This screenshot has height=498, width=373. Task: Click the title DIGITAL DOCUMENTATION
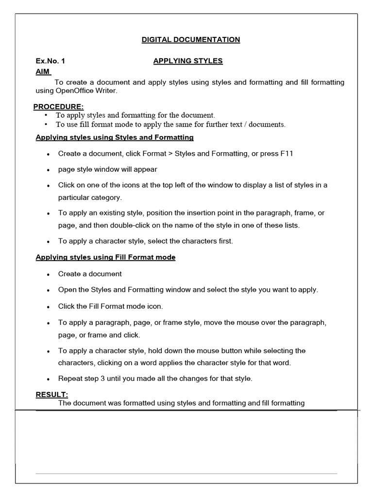coord(191,40)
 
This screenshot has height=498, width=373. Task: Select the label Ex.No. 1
coord(50,61)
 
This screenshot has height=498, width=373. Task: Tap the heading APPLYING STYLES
coord(188,61)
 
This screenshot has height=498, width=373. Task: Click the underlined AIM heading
coord(43,72)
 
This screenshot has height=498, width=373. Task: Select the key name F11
coord(287,154)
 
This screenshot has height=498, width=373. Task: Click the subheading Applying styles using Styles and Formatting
coord(115,138)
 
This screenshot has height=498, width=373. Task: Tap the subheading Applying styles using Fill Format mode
coord(105,257)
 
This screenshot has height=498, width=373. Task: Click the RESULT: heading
coord(52,394)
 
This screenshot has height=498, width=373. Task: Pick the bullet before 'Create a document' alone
coord(49,275)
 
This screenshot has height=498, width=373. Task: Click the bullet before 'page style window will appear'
coord(49,170)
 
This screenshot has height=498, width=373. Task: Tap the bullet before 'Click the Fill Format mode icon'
coord(49,307)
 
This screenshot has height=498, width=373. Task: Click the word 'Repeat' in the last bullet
coord(70,378)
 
